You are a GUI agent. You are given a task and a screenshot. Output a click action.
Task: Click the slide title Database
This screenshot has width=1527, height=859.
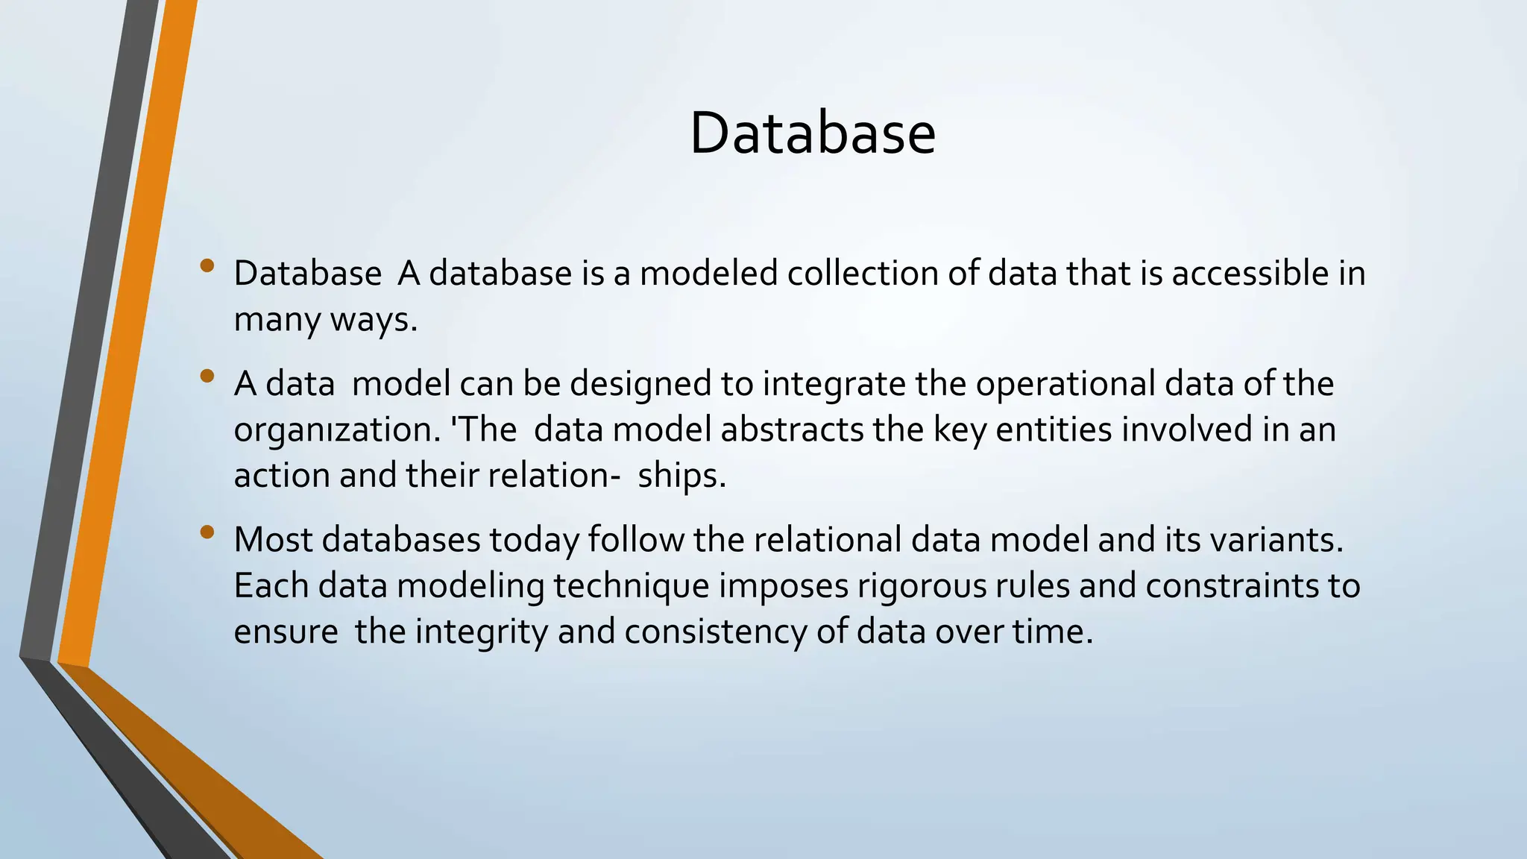tap(812, 133)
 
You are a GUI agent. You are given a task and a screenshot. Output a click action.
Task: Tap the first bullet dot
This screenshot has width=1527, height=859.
tap(207, 265)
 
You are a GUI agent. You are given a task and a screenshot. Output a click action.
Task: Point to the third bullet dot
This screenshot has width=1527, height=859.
tap(207, 532)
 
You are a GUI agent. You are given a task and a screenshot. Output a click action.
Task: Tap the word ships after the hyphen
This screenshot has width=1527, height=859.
tap(681, 476)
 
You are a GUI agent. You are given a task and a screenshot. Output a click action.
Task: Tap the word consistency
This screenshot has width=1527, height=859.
tap(716, 632)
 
